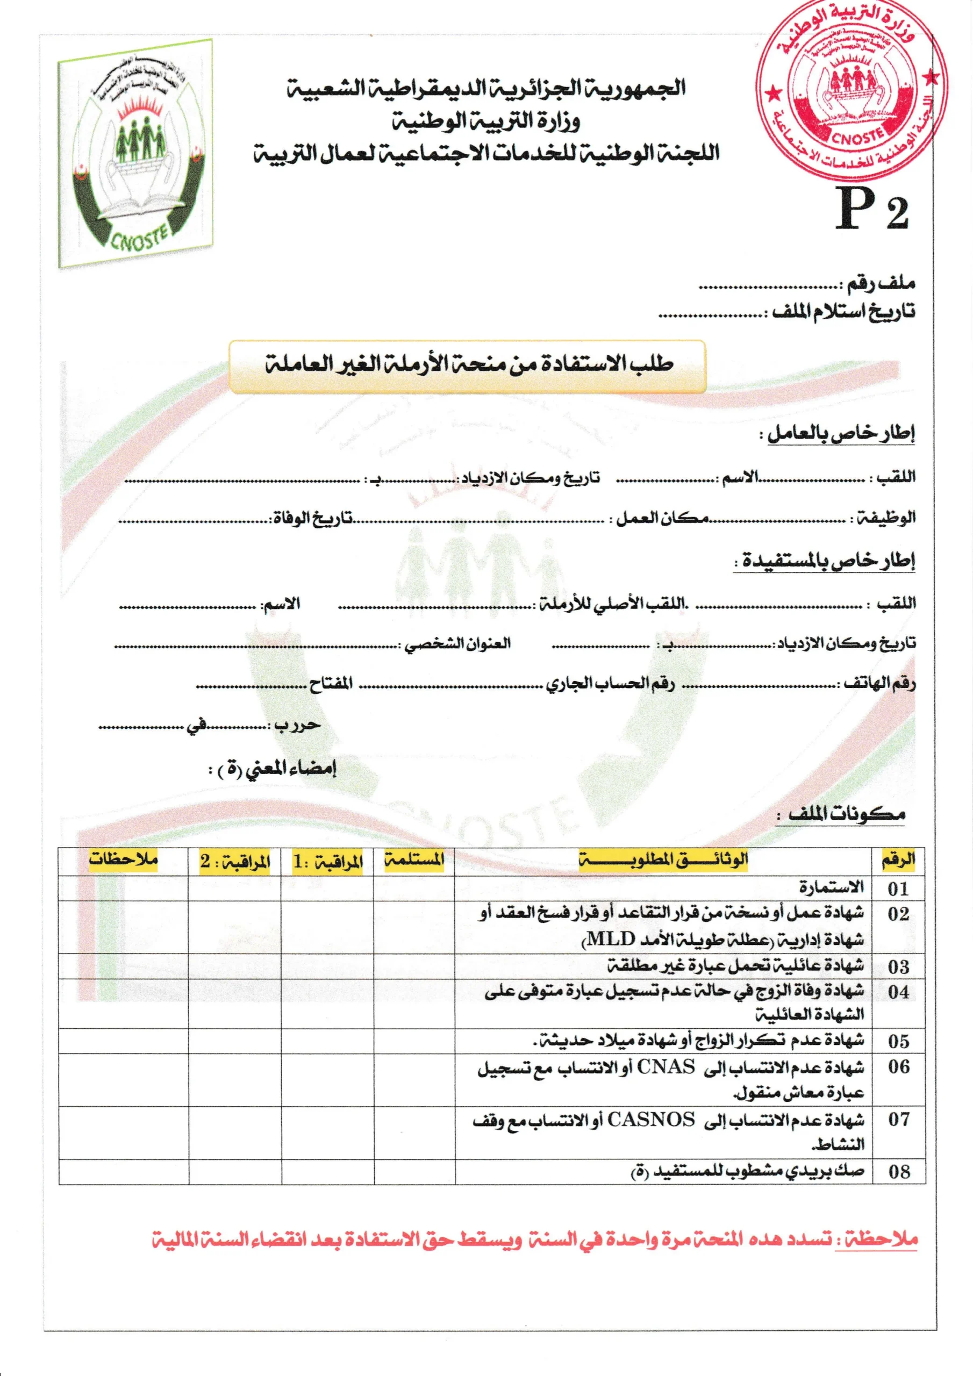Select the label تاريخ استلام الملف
pyautogui.click(x=843, y=312)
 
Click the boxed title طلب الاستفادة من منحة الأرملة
pyautogui.click(x=468, y=365)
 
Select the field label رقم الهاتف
pyautogui.click(x=879, y=683)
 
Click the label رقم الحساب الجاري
pyautogui.click(x=610, y=684)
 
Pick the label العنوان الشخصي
pyautogui.click(x=457, y=644)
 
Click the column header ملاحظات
pyautogui.click(x=124, y=859)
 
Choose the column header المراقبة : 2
pyautogui.click(x=235, y=862)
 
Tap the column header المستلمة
pyautogui.click(x=414, y=861)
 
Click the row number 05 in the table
pyautogui.click(x=898, y=1041)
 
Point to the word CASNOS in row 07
pyautogui.click(x=651, y=1119)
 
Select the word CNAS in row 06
pyautogui.click(x=666, y=1067)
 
